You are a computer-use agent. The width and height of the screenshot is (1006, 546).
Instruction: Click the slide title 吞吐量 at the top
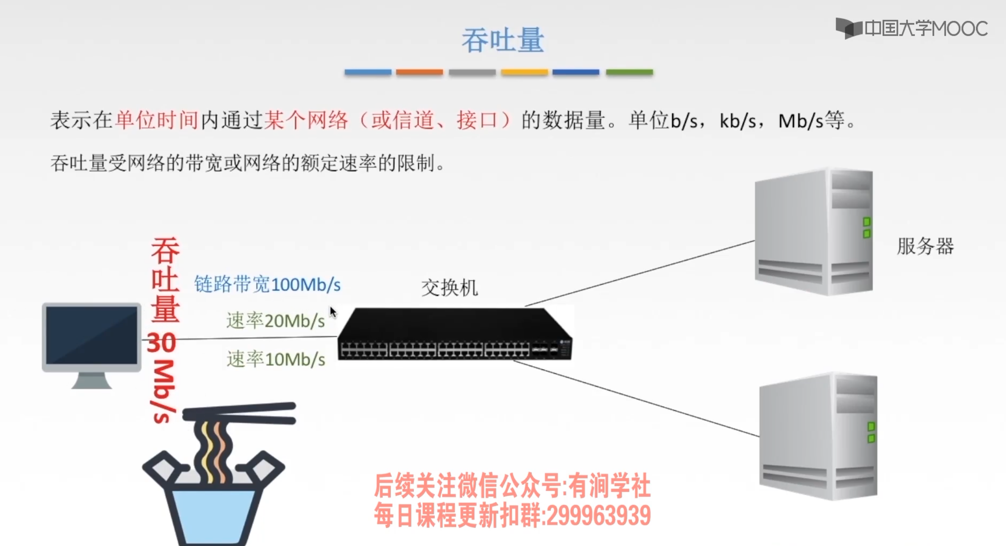[x=503, y=40]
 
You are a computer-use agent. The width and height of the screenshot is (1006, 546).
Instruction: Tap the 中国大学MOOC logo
[x=911, y=28]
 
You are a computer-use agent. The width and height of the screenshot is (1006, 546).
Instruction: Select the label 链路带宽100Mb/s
[x=268, y=284]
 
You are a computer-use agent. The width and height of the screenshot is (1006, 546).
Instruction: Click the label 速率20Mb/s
[x=275, y=321]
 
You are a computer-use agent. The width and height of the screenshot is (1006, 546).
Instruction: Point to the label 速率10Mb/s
[x=276, y=359]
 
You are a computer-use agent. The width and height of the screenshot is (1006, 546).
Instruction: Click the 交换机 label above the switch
[x=450, y=288]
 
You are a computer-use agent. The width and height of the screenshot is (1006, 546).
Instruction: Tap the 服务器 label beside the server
[x=925, y=246]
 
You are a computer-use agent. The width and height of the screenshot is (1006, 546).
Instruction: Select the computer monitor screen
[x=92, y=335]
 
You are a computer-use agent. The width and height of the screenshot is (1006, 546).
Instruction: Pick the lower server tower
[x=818, y=436]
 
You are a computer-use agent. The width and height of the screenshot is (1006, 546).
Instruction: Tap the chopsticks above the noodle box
[x=239, y=413]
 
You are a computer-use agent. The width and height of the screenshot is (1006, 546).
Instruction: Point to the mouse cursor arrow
[x=333, y=312]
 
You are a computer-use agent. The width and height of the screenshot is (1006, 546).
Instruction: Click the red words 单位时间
[x=157, y=120]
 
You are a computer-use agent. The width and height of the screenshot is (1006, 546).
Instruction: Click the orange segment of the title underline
[x=419, y=72]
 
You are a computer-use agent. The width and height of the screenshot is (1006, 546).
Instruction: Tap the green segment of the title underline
[x=629, y=72]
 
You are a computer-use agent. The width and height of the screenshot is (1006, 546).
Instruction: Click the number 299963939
[x=599, y=516]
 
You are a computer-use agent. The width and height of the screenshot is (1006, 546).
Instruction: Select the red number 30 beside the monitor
[x=162, y=343]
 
